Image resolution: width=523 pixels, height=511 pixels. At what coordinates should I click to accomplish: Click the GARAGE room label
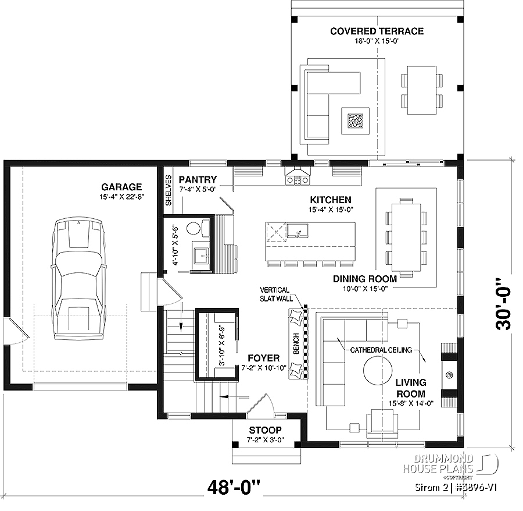(121, 187)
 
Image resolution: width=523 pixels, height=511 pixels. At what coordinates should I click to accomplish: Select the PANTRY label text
(198, 180)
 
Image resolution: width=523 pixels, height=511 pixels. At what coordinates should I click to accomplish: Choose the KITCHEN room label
(330, 199)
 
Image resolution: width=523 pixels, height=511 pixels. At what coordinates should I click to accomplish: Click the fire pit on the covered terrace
(355, 120)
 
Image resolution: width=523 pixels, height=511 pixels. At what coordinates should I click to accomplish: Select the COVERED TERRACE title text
(377, 31)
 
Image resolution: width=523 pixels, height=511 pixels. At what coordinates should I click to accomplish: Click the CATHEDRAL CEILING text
(381, 350)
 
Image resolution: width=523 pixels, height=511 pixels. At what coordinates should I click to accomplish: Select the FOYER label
(263, 358)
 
